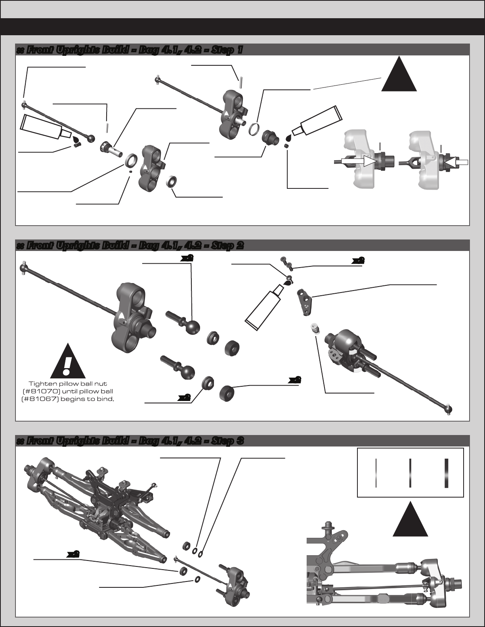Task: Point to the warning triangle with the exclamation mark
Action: pos(68,361)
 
